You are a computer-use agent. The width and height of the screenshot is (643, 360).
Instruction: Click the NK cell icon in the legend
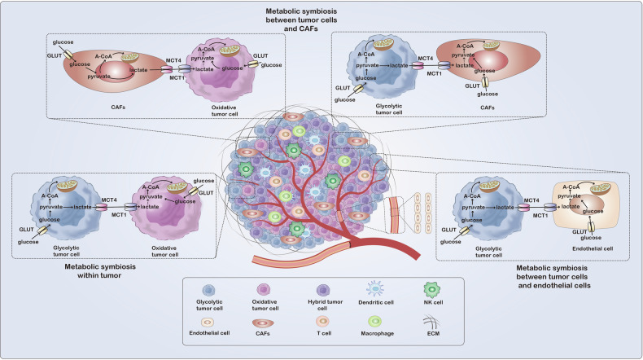pyautogui.click(x=432, y=289)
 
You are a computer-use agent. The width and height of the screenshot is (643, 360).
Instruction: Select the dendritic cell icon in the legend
pyautogui.click(x=375, y=288)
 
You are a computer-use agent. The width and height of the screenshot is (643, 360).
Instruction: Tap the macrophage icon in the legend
pyautogui.click(x=374, y=322)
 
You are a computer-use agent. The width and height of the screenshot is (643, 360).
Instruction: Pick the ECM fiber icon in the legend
pyautogui.click(x=431, y=322)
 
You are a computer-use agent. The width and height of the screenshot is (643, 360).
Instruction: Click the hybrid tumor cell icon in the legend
pyautogui.click(x=324, y=290)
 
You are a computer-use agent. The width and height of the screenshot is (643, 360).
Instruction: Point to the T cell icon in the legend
pyautogui.click(x=323, y=321)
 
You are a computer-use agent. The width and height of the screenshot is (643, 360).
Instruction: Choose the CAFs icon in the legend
pyautogui.click(x=263, y=323)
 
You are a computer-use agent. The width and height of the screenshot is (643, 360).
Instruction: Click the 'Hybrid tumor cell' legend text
pyautogui.click(x=325, y=305)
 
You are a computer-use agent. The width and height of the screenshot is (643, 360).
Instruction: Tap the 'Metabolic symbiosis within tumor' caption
pyautogui.click(x=99, y=271)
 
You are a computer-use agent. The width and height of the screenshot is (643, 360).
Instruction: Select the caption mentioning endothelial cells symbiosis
pyautogui.click(x=553, y=276)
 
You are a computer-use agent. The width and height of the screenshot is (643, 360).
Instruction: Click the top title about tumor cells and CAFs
pyautogui.click(x=301, y=20)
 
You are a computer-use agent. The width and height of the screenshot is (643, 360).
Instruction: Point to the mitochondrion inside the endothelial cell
pyautogui.click(x=600, y=189)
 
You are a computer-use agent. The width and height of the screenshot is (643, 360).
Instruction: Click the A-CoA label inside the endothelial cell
pyautogui.click(x=571, y=187)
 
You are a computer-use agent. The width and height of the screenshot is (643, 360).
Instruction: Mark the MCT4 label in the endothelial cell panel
pyautogui.click(x=531, y=200)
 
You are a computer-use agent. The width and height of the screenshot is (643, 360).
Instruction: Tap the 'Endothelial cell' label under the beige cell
pyautogui.click(x=593, y=248)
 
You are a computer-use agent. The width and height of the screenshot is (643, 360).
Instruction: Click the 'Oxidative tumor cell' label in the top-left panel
pyautogui.click(x=225, y=111)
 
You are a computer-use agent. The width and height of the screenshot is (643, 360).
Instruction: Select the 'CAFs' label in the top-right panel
pyautogui.click(x=488, y=108)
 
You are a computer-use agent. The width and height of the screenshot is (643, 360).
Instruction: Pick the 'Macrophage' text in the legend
pyautogui.click(x=377, y=333)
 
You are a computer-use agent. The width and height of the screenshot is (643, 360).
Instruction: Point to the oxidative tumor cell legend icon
pyautogui.click(x=264, y=290)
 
